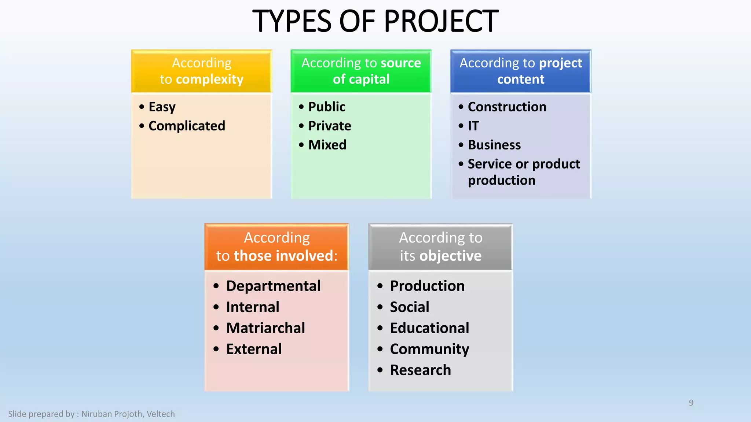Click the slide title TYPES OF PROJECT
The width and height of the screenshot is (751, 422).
point(375,21)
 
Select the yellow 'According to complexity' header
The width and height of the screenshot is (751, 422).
point(202,71)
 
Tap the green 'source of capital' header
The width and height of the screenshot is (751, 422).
point(361,71)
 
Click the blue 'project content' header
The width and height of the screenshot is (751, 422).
point(521,71)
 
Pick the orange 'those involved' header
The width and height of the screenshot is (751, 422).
point(276,247)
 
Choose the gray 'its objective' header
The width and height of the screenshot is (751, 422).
point(440,247)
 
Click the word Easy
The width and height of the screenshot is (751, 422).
point(162,107)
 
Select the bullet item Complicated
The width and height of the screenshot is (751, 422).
point(187,126)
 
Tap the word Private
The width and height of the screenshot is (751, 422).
point(330,126)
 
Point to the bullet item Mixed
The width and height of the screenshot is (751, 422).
point(327,145)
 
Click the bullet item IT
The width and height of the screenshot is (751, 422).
point(473,126)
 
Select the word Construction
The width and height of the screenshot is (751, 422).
point(507,107)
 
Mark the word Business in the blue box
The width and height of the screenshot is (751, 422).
point(494,145)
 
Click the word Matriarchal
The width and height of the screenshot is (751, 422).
point(265,328)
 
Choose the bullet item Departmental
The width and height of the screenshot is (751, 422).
point(273,286)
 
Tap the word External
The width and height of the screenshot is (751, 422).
point(254,349)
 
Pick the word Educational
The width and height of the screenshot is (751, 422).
point(429,328)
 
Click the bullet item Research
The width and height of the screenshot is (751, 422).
point(420,370)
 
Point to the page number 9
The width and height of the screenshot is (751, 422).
point(691,403)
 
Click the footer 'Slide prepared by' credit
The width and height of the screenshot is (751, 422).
point(91,414)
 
